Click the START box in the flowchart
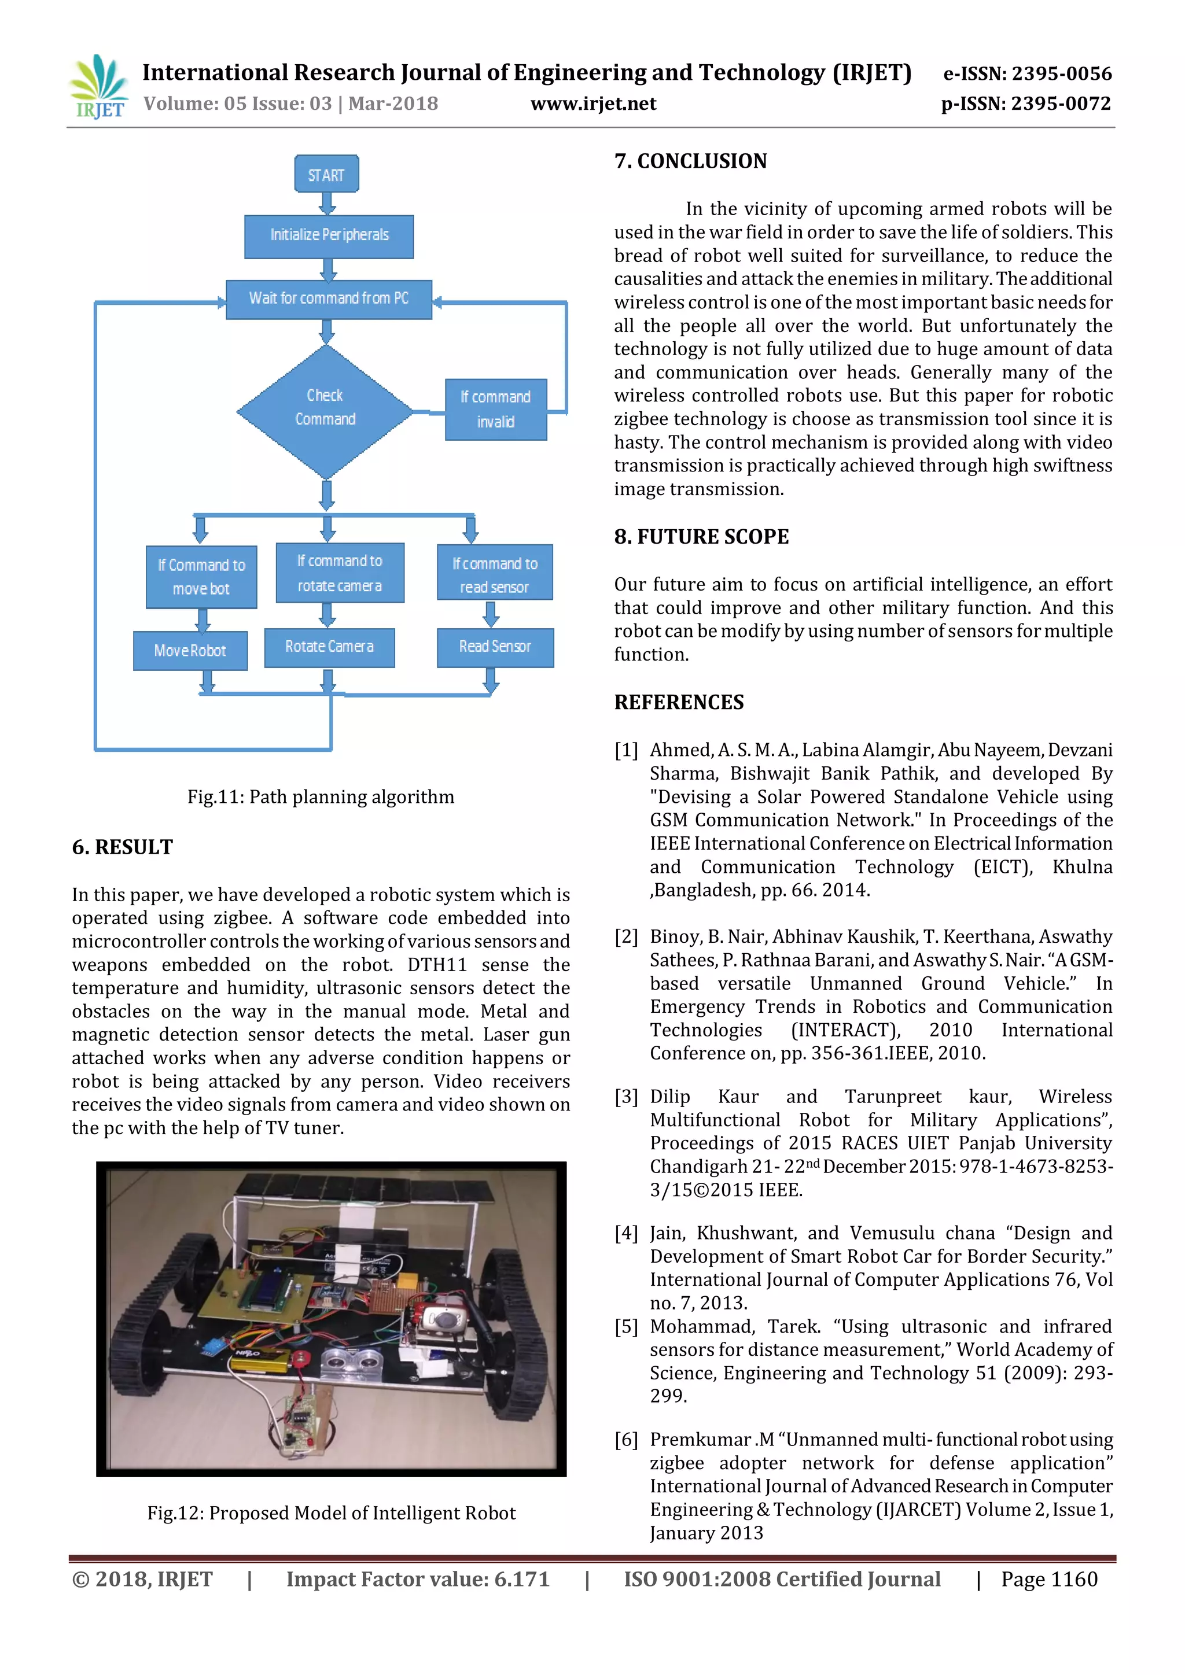click(x=326, y=174)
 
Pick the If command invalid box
click(x=495, y=409)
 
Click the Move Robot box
click(x=190, y=650)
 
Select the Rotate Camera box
click(x=329, y=647)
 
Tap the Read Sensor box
click(x=495, y=647)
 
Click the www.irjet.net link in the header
click(x=593, y=104)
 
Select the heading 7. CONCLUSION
click(x=690, y=161)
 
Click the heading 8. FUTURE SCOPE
click(x=701, y=537)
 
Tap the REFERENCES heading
click(x=679, y=703)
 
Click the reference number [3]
click(x=626, y=1097)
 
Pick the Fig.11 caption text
click(x=321, y=796)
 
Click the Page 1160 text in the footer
click(x=1048, y=1580)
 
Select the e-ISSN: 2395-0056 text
click(x=1028, y=73)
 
